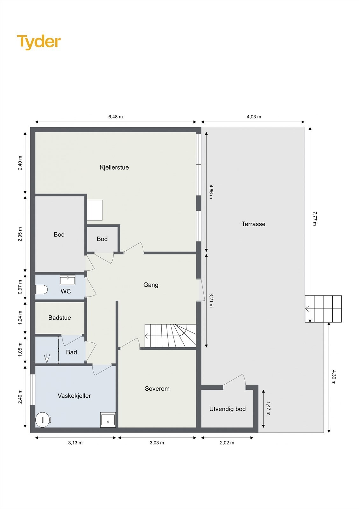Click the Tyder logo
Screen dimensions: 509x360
click(x=39, y=42)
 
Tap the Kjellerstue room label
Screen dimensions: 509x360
click(x=114, y=167)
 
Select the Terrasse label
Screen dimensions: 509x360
click(x=253, y=224)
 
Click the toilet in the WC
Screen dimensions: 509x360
click(x=41, y=290)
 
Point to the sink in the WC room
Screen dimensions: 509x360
click(x=67, y=280)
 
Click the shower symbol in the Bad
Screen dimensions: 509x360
click(x=47, y=358)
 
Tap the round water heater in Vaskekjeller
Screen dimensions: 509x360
click(x=43, y=420)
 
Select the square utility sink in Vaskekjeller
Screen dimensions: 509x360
click(x=108, y=420)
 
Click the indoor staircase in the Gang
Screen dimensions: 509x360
click(x=170, y=336)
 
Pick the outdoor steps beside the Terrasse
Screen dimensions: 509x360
click(x=323, y=309)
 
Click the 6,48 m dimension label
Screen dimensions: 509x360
click(x=116, y=117)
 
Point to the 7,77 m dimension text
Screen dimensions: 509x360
click(x=314, y=219)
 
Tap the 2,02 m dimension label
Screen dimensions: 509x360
click(x=227, y=443)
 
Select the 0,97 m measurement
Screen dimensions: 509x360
click(x=20, y=287)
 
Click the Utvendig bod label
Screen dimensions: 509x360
click(x=227, y=409)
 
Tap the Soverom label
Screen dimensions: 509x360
click(x=157, y=389)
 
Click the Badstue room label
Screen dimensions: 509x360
click(x=60, y=318)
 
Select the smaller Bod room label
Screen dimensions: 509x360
click(x=102, y=239)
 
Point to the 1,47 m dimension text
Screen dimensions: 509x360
click(x=268, y=408)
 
